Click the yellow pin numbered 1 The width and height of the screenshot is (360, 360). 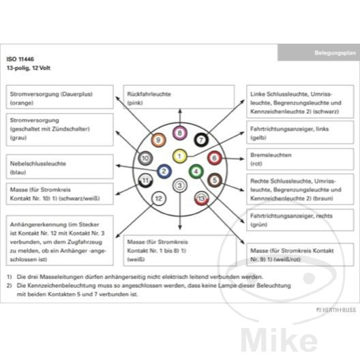pos(179,156)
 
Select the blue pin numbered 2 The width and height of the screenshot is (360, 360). pos(164,171)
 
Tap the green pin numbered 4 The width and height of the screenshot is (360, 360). pos(196,171)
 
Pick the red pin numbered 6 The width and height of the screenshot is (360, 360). pos(215,158)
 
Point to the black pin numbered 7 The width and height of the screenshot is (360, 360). pos(201,140)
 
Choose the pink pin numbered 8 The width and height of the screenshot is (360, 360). pos(180,133)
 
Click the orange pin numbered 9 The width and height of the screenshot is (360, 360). pos(158,140)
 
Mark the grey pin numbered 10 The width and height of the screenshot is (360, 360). pos(145,158)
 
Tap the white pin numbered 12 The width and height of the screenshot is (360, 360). pos(159,198)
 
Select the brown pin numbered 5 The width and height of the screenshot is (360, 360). pos(215,180)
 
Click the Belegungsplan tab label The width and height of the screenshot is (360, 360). pos(335,52)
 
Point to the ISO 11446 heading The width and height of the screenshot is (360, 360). pos(20,59)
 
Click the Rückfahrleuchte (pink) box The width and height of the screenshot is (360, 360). pos(179,97)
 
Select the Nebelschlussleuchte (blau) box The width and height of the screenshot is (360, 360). pos(60,166)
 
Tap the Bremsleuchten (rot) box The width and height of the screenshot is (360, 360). pos(300,159)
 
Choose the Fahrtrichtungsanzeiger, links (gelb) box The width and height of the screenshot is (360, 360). pos(300,132)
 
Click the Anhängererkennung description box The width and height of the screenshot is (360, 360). pos(60,241)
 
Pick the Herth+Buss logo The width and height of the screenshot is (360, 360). pos(336,310)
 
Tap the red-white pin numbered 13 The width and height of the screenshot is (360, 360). pos(202,198)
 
